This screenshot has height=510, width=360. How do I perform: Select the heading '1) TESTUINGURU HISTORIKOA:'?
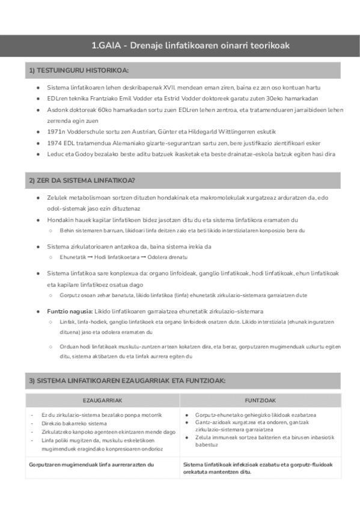tap(79, 71)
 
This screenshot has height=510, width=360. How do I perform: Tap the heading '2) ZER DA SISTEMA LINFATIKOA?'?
tap(82, 180)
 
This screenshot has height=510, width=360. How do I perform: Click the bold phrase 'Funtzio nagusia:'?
tap(69, 311)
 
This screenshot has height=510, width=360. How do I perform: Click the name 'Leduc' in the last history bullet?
tap(56, 154)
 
